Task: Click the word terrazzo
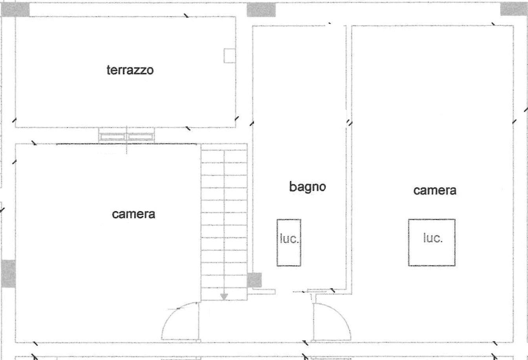pyautogui.click(x=130, y=70)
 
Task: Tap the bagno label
pyautogui.click(x=308, y=187)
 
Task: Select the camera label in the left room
pyautogui.click(x=133, y=214)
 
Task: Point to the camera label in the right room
pyautogui.click(x=435, y=190)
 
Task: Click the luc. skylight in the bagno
pyautogui.click(x=289, y=243)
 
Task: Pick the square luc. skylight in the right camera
pyautogui.click(x=432, y=243)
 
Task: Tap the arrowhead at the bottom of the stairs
pyautogui.click(x=224, y=297)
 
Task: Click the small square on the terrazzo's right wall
pyautogui.click(x=230, y=56)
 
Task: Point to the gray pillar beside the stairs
pyautogui.click(x=254, y=280)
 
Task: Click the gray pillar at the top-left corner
pyautogui.click(x=15, y=9)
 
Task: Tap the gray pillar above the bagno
pyautogui.click(x=261, y=10)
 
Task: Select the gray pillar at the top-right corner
pyautogui.click(x=514, y=9)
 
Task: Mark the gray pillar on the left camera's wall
pyautogui.click(x=9, y=274)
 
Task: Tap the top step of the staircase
pyautogui.click(x=224, y=156)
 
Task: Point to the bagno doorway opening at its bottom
pyautogui.click(x=284, y=292)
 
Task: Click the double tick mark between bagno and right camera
pyautogui.click(x=349, y=122)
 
